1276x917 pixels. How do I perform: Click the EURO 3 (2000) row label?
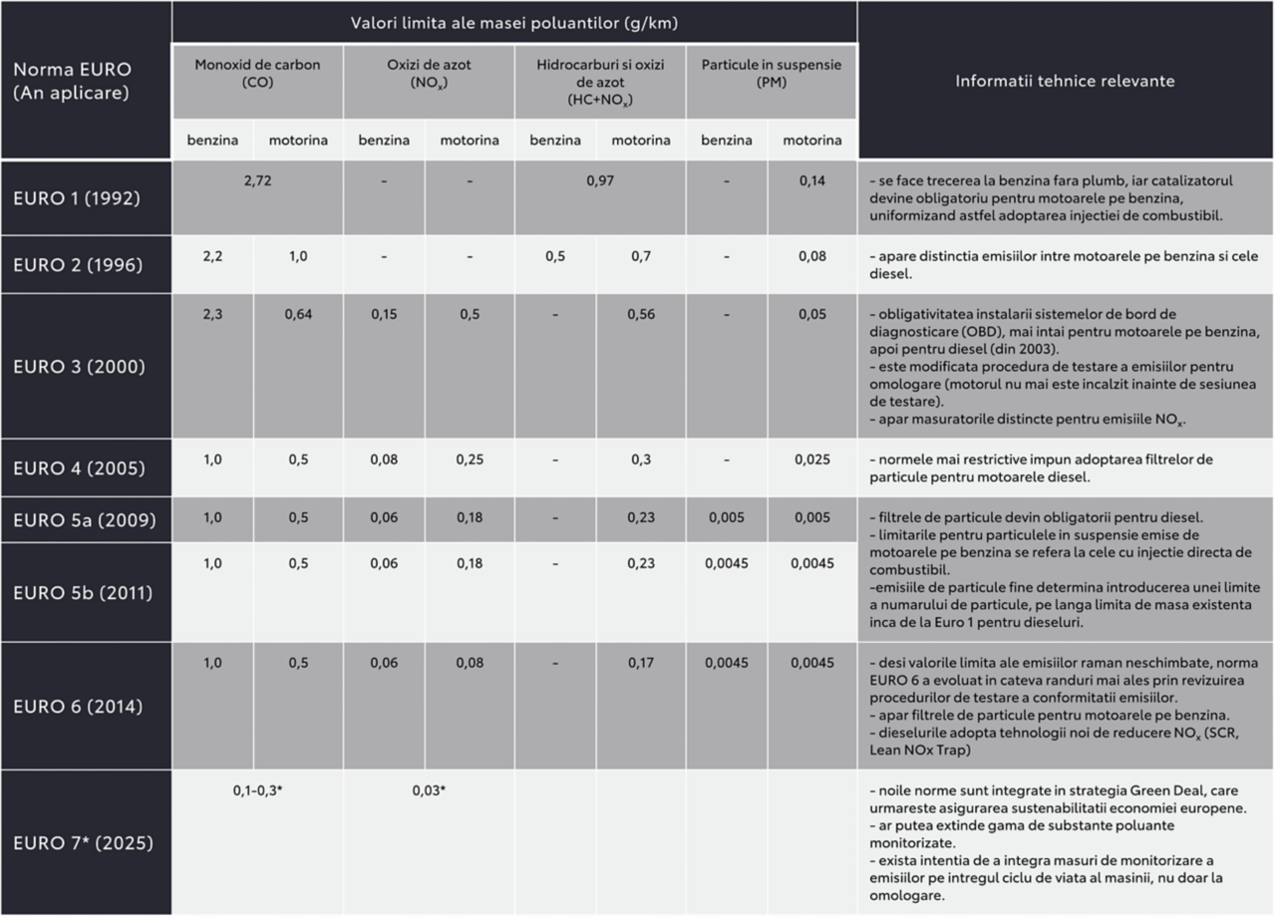point(79,367)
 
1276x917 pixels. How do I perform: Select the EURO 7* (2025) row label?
point(83,843)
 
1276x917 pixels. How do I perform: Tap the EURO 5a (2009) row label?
point(85,520)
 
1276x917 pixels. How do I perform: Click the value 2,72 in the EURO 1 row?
point(257,181)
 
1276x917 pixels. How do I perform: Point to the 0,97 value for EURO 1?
point(600,181)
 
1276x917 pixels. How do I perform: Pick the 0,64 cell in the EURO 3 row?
point(298,314)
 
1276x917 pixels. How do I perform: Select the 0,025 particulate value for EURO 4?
point(811,459)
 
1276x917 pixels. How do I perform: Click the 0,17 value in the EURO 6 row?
point(641,663)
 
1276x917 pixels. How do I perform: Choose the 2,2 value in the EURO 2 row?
point(213,256)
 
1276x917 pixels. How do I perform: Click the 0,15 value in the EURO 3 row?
point(385,314)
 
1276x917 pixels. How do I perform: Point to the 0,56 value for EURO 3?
point(641,314)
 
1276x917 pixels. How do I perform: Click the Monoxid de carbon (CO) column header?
point(257,74)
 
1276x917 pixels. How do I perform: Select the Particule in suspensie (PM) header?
point(772,74)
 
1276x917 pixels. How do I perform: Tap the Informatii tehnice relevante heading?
point(1065,81)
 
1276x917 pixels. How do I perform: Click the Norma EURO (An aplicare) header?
point(72,81)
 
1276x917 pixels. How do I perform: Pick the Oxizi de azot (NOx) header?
point(429,74)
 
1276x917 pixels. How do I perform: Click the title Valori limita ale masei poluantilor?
point(513,22)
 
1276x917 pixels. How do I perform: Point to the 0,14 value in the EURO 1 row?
point(811,181)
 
